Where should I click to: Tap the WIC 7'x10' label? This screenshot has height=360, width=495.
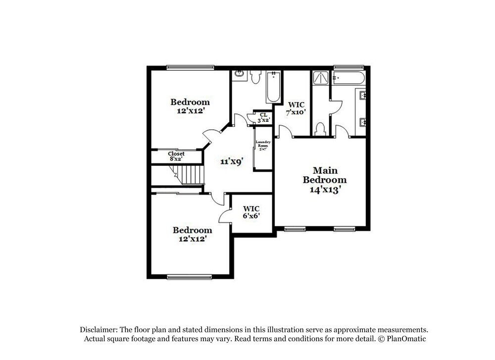296,108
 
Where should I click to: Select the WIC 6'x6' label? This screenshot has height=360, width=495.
251,212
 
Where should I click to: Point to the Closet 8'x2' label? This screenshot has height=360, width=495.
176,156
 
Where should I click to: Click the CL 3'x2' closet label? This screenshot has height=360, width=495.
263,117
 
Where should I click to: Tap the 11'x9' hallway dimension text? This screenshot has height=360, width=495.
231,161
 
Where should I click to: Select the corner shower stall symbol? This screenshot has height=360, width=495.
320,79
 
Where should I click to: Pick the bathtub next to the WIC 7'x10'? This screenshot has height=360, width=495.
273,87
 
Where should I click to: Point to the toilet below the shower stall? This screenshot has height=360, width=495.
320,129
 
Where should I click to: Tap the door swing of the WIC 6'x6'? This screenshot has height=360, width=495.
225,214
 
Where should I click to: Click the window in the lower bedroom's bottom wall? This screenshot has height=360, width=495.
190,277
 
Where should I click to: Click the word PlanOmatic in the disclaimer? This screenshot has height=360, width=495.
407,339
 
